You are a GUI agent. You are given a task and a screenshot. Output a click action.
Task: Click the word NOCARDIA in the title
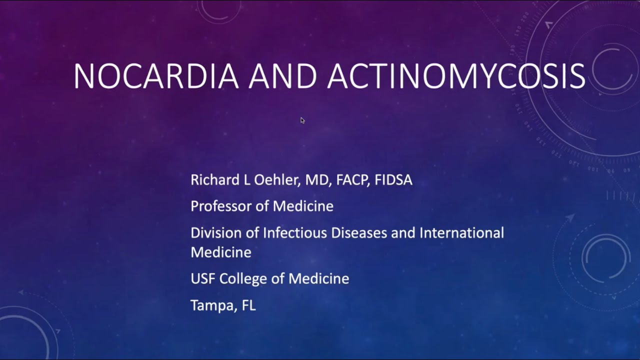pyautogui.click(x=155, y=76)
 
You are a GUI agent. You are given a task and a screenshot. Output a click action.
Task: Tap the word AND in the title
pyautogui.click(x=283, y=76)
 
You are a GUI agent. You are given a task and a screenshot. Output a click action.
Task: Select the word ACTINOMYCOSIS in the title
pyautogui.click(x=456, y=76)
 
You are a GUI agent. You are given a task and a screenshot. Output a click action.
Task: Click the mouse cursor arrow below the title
pyautogui.click(x=302, y=120)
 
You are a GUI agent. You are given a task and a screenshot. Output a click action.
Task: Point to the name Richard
pyautogui.click(x=215, y=180)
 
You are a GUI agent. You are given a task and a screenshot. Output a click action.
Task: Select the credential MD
pyautogui.click(x=317, y=180)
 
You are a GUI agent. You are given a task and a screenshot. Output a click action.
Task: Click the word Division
pyautogui.click(x=214, y=232)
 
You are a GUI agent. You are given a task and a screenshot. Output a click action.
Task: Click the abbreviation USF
pyautogui.click(x=203, y=278)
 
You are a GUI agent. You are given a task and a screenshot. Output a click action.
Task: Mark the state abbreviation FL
pyautogui.click(x=248, y=305)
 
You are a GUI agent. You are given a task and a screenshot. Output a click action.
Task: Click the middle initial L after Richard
pyautogui.click(x=246, y=180)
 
